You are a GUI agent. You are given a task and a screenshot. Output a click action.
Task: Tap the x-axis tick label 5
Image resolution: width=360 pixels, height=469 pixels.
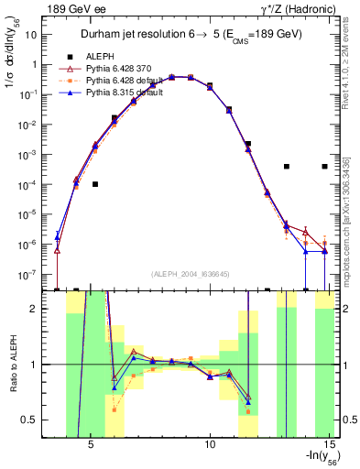(91, 444)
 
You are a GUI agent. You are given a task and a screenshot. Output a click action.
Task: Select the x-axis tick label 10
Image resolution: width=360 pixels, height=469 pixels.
(210, 444)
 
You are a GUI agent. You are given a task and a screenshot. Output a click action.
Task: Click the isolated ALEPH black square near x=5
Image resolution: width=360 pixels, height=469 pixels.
(95, 184)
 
